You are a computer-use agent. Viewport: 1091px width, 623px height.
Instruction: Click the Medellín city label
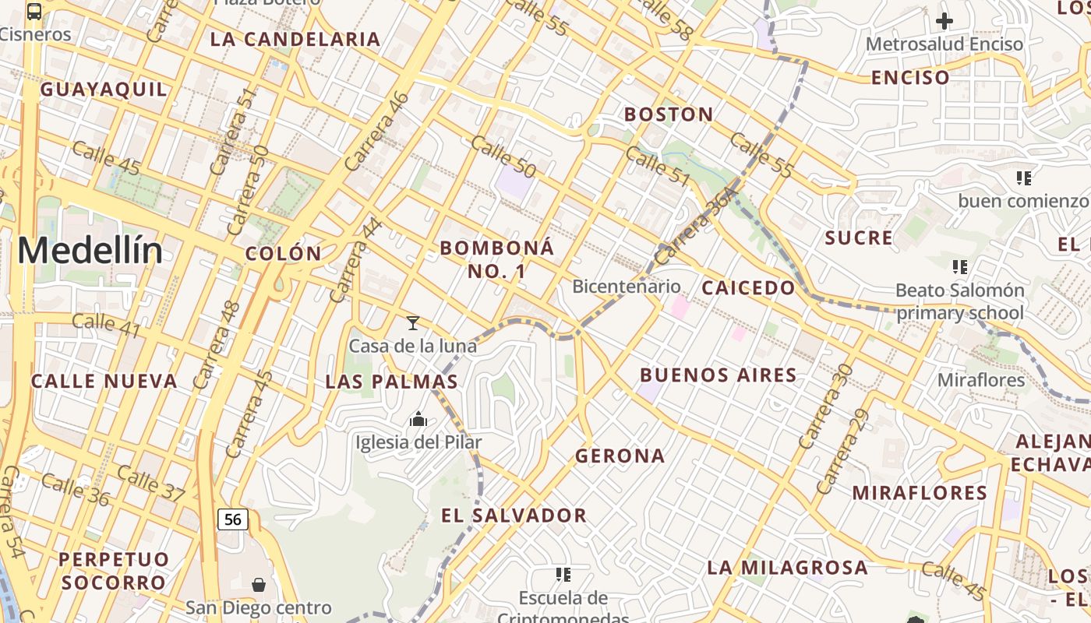tap(90, 251)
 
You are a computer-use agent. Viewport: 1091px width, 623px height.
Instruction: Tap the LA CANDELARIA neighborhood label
tap(295, 39)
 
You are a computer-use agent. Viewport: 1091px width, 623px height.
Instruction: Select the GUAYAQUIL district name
tap(104, 89)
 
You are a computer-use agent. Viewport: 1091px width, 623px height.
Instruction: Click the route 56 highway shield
tap(233, 519)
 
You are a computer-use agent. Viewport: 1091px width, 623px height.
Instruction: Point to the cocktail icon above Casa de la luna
tap(413, 322)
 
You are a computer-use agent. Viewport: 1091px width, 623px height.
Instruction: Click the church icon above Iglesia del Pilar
tap(418, 420)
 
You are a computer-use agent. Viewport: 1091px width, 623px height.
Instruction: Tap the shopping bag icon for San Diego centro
tap(259, 584)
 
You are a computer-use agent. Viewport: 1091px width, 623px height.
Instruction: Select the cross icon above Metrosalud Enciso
tap(944, 21)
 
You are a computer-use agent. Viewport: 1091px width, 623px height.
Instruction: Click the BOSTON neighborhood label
tap(669, 114)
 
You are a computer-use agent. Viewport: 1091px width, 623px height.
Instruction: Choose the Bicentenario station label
tap(627, 286)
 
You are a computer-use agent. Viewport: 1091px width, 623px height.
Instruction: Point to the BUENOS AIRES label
tap(719, 375)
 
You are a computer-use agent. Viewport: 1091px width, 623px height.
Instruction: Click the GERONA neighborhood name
tap(620, 456)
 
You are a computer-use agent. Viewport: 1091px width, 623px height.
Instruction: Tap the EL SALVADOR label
tap(514, 515)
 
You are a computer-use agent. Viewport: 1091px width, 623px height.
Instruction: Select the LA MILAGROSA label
tap(787, 567)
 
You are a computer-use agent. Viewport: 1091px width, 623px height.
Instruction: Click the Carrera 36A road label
tap(696, 225)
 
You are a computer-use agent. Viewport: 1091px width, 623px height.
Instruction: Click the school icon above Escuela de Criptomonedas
tap(563, 575)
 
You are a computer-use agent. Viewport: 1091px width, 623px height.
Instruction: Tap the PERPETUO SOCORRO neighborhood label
tap(114, 571)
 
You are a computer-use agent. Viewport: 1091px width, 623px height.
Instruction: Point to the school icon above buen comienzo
tap(1024, 178)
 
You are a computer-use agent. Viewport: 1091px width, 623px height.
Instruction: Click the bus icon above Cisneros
tap(34, 11)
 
